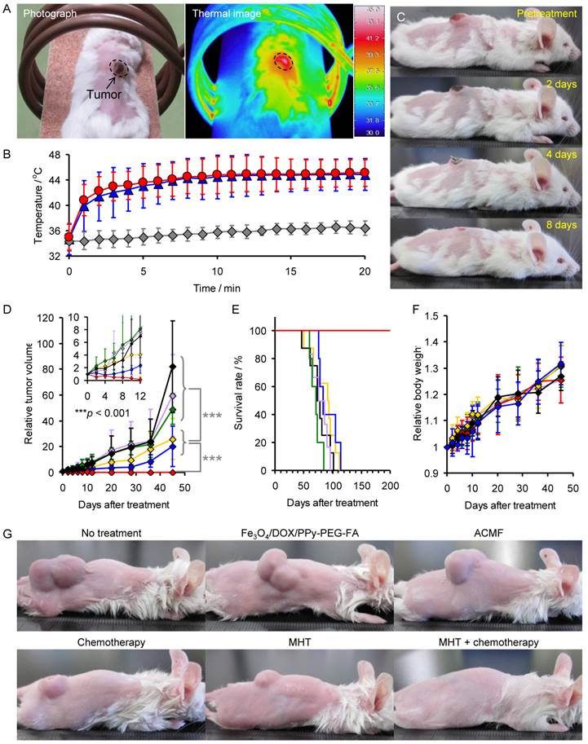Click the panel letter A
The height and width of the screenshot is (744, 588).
7,9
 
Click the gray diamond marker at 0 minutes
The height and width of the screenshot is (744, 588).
69,240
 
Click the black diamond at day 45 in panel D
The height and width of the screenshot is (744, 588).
171,368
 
